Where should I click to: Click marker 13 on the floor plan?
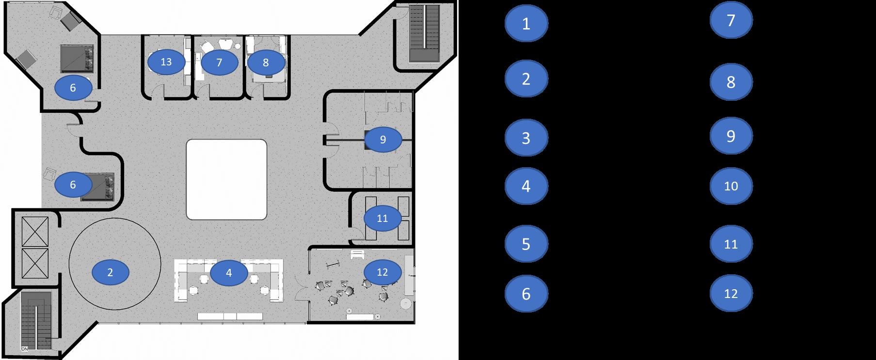[166, 62]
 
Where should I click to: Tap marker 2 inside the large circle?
[110, 272]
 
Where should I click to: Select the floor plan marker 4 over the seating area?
[229, 273]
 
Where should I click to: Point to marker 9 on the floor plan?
[382, 140]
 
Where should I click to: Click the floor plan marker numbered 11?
[382, 219]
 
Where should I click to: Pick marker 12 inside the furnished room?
[382, 272]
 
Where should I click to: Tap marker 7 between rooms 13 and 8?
[219, 63]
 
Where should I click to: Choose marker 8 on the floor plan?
[266, 63]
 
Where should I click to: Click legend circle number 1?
[526, 23]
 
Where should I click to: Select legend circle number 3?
[526, 138]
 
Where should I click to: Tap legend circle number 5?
[526, 244]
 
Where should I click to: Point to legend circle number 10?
[731, 186]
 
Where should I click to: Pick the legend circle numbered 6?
[526, 294]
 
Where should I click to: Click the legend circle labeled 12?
[731, 294]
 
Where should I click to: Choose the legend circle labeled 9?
[731, 136]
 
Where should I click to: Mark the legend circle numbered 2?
[526, 78]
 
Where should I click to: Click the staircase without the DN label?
[424, 33]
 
